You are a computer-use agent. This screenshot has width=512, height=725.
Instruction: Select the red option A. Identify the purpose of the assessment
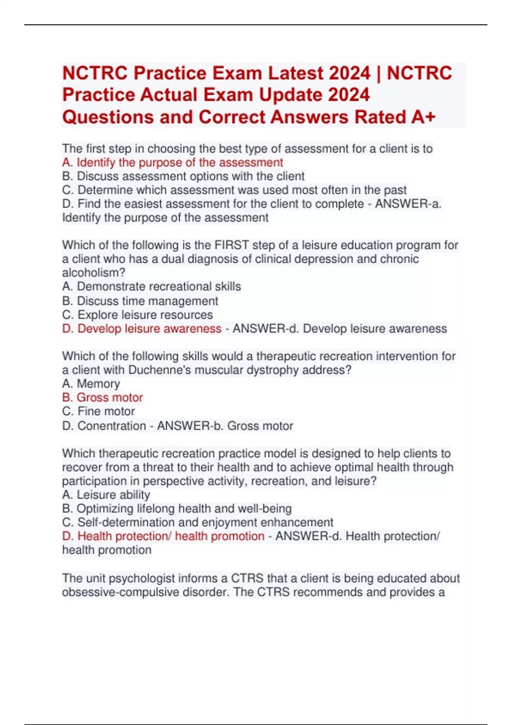pos(172,162)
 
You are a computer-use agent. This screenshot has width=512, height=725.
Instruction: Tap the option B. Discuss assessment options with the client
pos(183,176)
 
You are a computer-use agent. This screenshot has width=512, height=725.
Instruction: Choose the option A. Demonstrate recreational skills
pos(151,287)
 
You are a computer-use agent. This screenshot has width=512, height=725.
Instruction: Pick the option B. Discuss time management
pos(140,301)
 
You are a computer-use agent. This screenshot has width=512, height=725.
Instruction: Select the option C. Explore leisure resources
pos(137,315)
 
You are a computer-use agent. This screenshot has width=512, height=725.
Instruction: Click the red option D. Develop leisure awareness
pos(142,329)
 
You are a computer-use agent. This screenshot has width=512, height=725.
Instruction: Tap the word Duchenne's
pos(161,370)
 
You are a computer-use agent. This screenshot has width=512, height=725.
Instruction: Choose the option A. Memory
pos(91,384)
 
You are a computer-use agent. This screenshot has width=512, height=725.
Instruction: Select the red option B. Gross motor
pos(102,397)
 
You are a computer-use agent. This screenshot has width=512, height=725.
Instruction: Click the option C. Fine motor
pos(98,412)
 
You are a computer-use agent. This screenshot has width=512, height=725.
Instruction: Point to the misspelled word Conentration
pos(112,426)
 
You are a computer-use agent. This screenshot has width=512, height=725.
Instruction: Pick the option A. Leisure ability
pos(106,495)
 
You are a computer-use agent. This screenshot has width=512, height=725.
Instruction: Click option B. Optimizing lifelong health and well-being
pos(177,509)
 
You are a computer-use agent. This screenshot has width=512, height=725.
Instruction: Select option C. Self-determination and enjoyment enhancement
pos(198,522)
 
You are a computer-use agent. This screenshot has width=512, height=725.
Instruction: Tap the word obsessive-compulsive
pos(121,592)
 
